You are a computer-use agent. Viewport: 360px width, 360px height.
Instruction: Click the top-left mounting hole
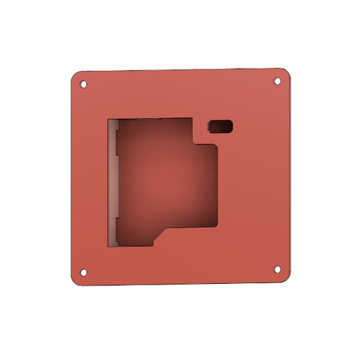pyautogui.click(x=83, y=83)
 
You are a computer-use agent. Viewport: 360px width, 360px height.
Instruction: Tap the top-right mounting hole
pyautogui.click(x=277, y=81)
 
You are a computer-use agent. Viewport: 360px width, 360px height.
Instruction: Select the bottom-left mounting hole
pyautogui.click(x=82, y=270)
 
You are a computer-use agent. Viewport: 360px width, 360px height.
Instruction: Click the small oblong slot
pyautogui.click(x=221, y=126)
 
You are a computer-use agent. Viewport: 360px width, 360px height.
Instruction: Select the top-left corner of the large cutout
pyautogui.click(x=108, y=120)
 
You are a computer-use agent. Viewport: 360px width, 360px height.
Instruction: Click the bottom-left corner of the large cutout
pyautogui.click(x=108, y=247)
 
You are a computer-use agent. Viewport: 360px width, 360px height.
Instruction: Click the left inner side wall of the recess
pyautogui.click(x=113, y=184)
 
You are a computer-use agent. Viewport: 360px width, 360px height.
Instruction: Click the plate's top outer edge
pyautogui.click(x=180, y=69)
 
